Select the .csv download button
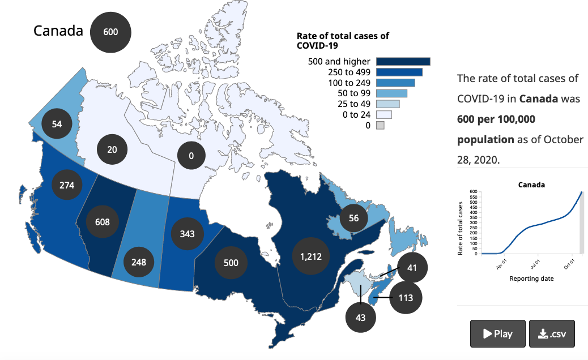[x=552, y=333]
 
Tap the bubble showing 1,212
[x=310, y=256]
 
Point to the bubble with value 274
[x=67, y=185]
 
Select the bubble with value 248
[x=139, y=262]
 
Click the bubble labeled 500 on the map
[x=231, y=263]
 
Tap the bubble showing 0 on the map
[x=191, y=156]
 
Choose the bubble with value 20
[x=112, y=149]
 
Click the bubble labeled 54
[x=57, y=123]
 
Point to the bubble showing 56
[x=353, y=218]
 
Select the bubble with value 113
[x=406, y=298]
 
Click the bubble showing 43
[x=361, y=318]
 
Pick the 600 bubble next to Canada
[x=110, y=32]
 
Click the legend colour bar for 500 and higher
[x=403, y=62]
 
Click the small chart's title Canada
[x=531, y=185]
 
